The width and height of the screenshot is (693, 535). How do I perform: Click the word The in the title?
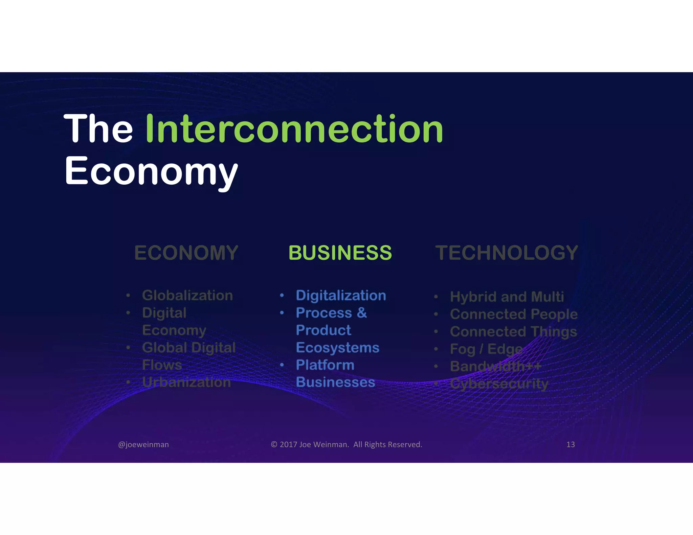click(98, 129)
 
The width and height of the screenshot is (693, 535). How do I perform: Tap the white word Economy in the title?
click(151, 171)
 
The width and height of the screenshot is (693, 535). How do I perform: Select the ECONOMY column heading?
click(186, 253)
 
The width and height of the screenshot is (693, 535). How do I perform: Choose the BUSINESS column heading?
click(340, 253)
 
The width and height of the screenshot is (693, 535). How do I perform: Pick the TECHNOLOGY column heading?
click(507, 253)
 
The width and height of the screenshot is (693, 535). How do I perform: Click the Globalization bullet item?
click(187, 295)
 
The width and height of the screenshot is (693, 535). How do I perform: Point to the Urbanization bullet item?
click(186, 382)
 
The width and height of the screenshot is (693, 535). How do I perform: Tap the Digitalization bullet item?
click(341, 295)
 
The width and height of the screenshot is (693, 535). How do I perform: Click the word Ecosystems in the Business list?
click(337, 348)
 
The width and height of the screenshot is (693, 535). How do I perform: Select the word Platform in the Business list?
click(325, 365)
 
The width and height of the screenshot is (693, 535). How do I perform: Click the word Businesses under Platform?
click(335, 382)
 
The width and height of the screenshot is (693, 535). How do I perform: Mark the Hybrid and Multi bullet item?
click(507, 297)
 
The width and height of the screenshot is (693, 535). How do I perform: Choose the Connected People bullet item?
click(513, 314)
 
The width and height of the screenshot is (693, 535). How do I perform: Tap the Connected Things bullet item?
click(513, 332)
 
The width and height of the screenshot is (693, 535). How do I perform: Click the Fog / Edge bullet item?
click(486, 349)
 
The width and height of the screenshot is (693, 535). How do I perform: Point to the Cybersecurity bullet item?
click(499, 384)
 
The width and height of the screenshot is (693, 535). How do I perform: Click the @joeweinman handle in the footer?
click(143, 444)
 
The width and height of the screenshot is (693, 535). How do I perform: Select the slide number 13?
click(571, 444)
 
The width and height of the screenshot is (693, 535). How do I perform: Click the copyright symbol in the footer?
click(274, 444)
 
